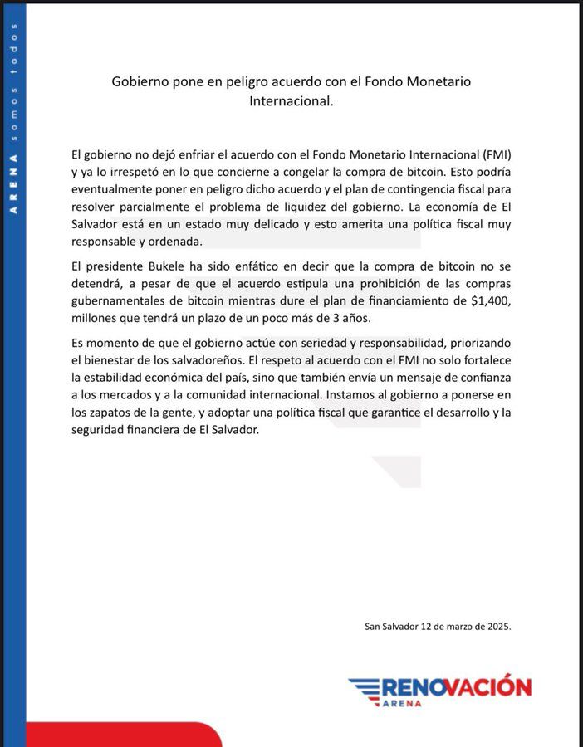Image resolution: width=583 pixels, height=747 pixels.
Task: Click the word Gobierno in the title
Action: pyautogui.click(x=140, y=82)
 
